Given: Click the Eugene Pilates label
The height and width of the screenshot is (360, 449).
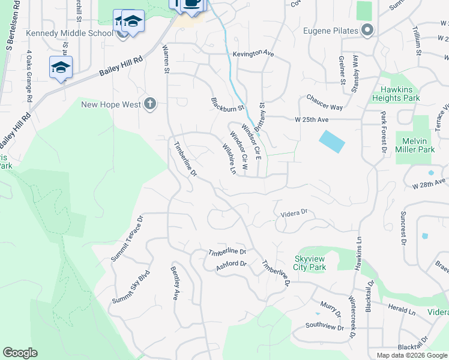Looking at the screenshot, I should click(x=331, y=30).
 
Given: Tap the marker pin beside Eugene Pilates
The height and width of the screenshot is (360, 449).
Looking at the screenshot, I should click(x=367, y=30).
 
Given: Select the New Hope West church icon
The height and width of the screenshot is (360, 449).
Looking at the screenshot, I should click(x=150, y=104).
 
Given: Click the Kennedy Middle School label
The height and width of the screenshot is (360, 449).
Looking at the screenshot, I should click(x=69, y=32).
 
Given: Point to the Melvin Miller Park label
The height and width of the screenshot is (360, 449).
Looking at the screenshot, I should click(x=414, y=145).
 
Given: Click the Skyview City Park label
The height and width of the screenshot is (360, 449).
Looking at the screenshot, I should click(x=310, y=263).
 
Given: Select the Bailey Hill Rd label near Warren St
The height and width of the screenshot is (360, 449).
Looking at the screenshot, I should click(x=122, y=67).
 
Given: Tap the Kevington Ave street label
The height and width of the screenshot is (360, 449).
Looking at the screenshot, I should click(x=253, y=53).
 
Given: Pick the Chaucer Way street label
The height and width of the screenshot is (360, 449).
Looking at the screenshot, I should click(x=324, y=103).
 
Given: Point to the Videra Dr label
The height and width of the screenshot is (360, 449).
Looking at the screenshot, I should click(x=294, y=212).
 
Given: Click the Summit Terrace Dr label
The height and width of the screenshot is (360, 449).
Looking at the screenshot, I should click(x=128, y=239).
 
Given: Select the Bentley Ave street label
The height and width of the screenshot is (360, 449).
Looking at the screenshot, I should click(x=175, y=283).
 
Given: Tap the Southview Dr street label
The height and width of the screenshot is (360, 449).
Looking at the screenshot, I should click(x=324, y=326).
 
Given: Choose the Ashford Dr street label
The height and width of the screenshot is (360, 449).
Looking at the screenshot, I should click(x=231, y=264).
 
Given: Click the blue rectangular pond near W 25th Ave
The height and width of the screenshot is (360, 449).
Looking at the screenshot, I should click(x=333, y=142).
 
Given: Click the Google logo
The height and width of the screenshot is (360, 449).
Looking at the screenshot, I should click(x=20, y=353).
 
